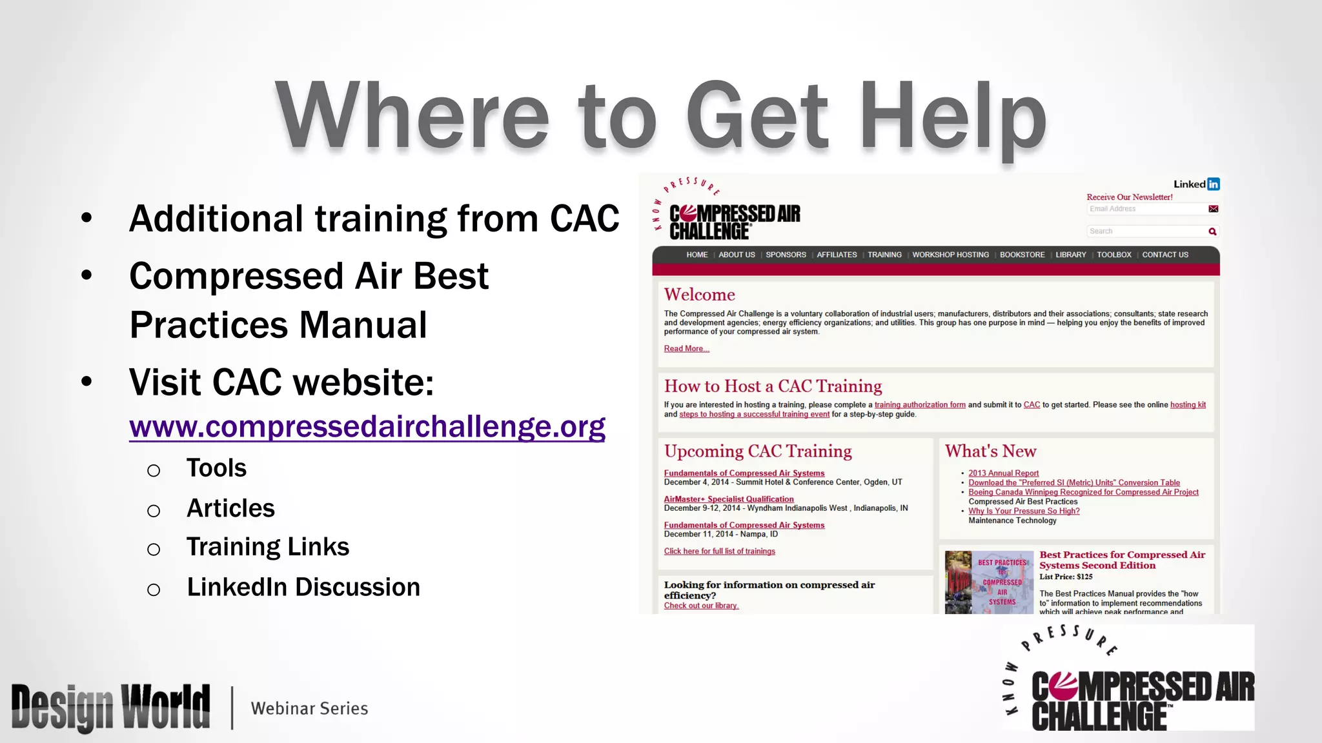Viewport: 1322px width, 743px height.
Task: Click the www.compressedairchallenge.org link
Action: point(367,426)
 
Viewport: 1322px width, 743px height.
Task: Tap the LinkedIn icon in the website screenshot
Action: point(1213,184)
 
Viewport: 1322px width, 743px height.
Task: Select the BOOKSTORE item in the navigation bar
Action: point(1022,255)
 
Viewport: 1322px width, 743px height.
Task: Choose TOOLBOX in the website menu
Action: point(1114,255)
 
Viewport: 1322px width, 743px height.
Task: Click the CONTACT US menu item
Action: point(1164,255)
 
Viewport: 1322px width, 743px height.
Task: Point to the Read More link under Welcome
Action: point(686,349)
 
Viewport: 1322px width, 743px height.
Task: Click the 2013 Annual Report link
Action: point(1003,473)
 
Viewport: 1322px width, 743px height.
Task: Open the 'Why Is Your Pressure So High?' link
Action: point(1024,511)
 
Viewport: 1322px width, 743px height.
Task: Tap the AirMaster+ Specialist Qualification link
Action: point(729,499)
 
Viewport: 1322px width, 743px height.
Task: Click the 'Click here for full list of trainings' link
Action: point(719,551)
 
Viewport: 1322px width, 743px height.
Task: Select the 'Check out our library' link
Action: point(701,606)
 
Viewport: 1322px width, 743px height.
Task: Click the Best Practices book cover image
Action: point(989,582)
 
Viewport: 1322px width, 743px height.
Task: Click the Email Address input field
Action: point(1145,209)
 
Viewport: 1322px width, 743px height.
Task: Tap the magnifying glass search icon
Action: point(1212,232)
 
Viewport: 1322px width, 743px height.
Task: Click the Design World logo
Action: point(110,708)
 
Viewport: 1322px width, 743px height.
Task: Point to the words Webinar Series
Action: point(309,708)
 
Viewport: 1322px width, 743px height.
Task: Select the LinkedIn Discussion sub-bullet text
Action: point(303,588)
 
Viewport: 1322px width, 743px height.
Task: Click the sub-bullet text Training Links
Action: point(268,547)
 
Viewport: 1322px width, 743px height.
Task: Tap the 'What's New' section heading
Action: point(990,451)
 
